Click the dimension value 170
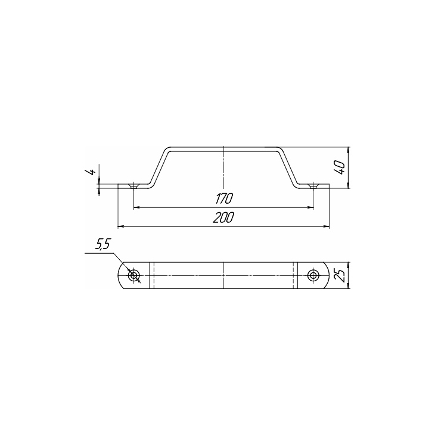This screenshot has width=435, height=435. (224, 198)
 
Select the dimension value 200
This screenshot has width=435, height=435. (223, 218)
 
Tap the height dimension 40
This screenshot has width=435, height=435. (341, 167)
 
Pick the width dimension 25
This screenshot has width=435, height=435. (341, 275)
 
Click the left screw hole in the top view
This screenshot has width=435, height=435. (134, 275)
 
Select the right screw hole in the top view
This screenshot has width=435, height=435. (313, 275)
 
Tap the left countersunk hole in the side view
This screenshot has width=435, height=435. (134, 186)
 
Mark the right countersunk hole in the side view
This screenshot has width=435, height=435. (313, 186)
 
